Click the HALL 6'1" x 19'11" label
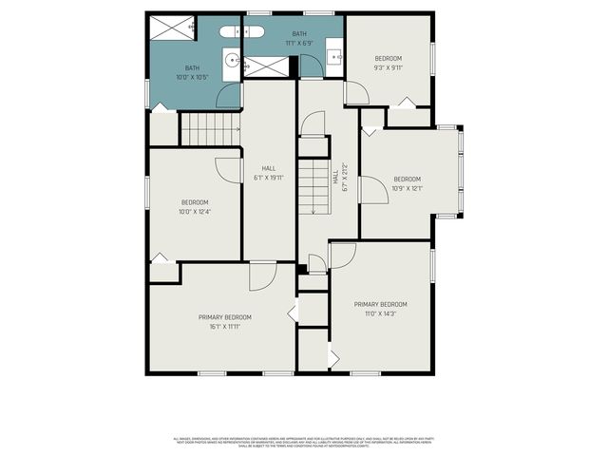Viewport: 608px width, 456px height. [x=269, y=173]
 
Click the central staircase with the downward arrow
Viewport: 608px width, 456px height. [x=313, y=185]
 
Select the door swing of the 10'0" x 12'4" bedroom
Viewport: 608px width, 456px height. [x=229, y=167]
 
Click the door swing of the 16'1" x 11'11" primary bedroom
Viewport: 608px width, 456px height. [x=262, y=276]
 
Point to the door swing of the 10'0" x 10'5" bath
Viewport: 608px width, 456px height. [x=229, y=95]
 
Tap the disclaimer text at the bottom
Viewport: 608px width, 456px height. [x=304, y=441]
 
